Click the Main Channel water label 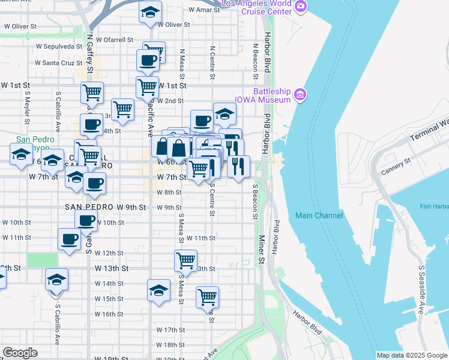pyautogui.click(x=319, y=215)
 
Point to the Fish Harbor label pyautogui.click(x=433, y=207)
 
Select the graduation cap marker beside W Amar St pyautogui.click(x=150, y=12)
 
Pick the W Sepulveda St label pyautogui.click(x=59, y=46)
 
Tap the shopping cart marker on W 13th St pyautogui.click(x=185, y=261)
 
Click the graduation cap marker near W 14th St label pyautogui.click(x=56, y=280)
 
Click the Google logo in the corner pyautogui.click(x=19, y=353)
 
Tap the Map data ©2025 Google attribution pyautogui.click(x=411, y=355)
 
